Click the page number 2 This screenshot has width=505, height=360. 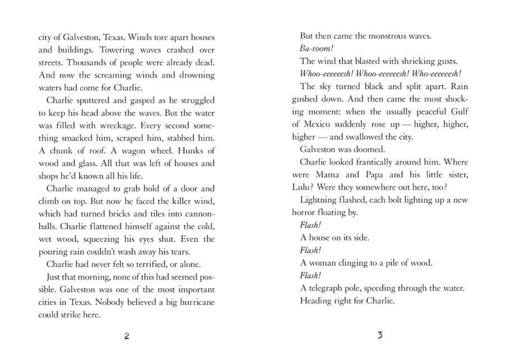[x=126, y=336]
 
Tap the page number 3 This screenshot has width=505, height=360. [x=380, y=336]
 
